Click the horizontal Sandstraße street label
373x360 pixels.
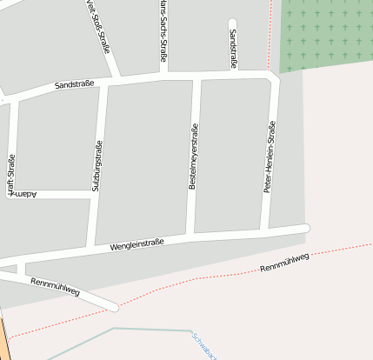click(74, 85)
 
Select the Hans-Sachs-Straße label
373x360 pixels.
click(163, 30)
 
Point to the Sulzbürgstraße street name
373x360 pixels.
click(97, 165)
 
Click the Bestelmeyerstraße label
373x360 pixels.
click(194, 157)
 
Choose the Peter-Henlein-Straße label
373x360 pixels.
click(270, 157)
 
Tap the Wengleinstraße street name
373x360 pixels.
click(137, 246)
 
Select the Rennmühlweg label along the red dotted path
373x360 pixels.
click(284, 263)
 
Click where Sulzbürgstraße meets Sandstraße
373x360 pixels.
click(103, 84)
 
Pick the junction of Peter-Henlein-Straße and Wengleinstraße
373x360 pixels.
click(266, 230)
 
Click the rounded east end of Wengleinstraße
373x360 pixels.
click(305, 228)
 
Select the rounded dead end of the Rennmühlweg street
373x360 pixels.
click(114, 306)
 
